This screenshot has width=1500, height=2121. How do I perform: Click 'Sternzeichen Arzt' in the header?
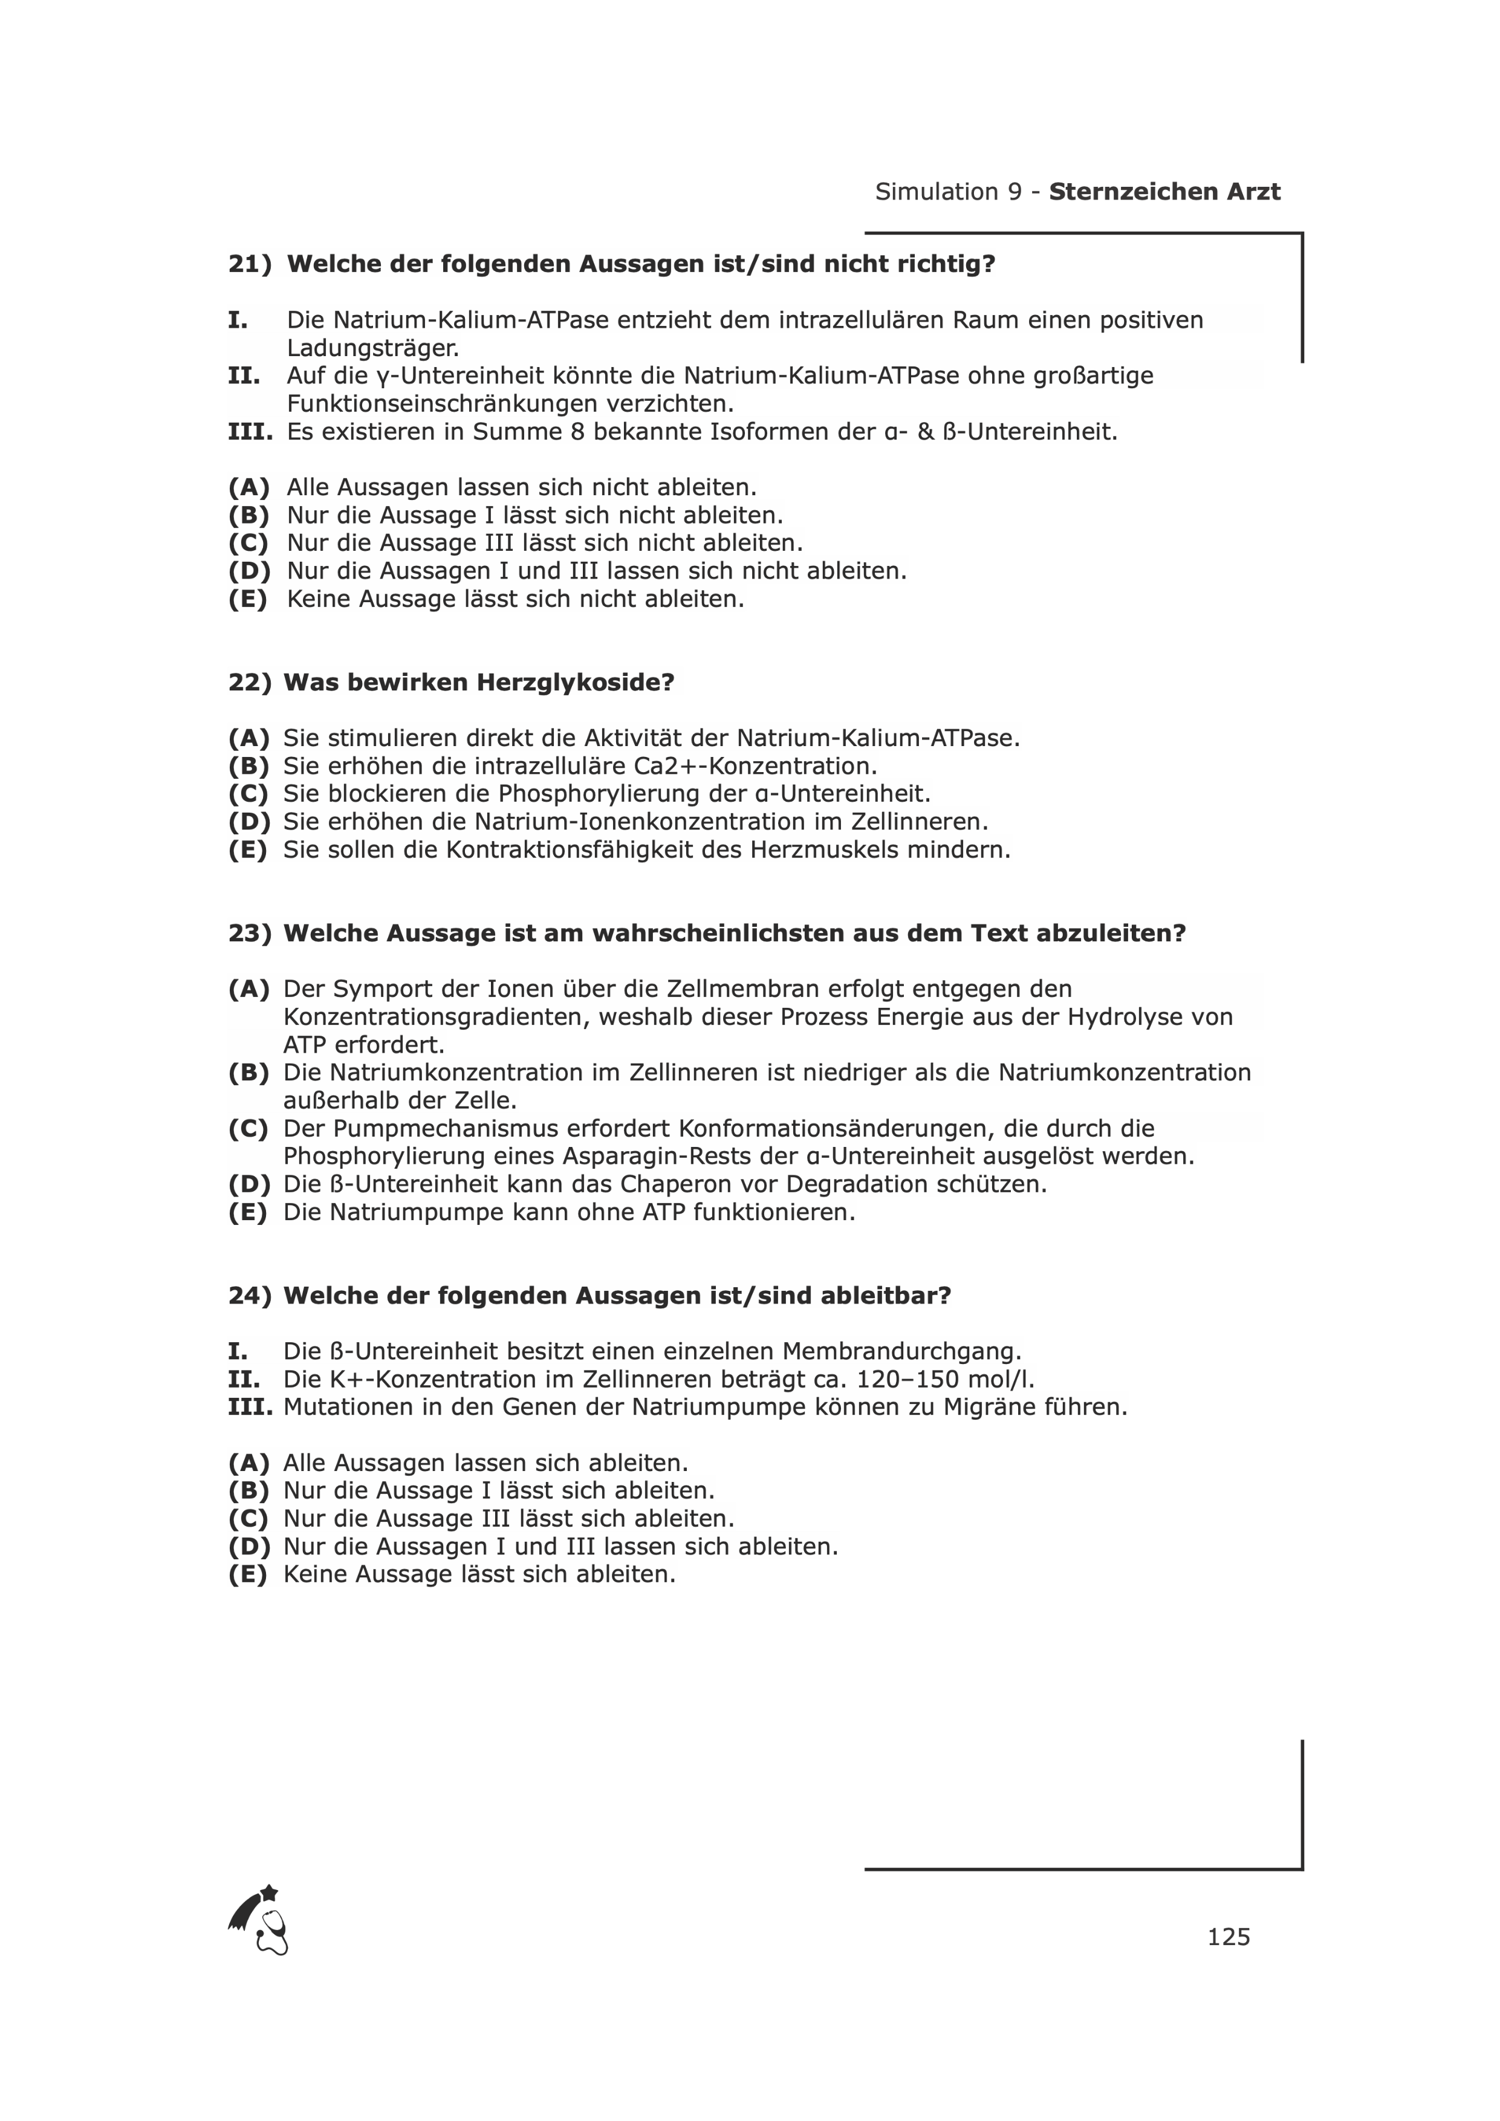coord(1164,192)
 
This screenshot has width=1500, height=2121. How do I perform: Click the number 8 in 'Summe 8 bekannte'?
coord(577,432)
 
